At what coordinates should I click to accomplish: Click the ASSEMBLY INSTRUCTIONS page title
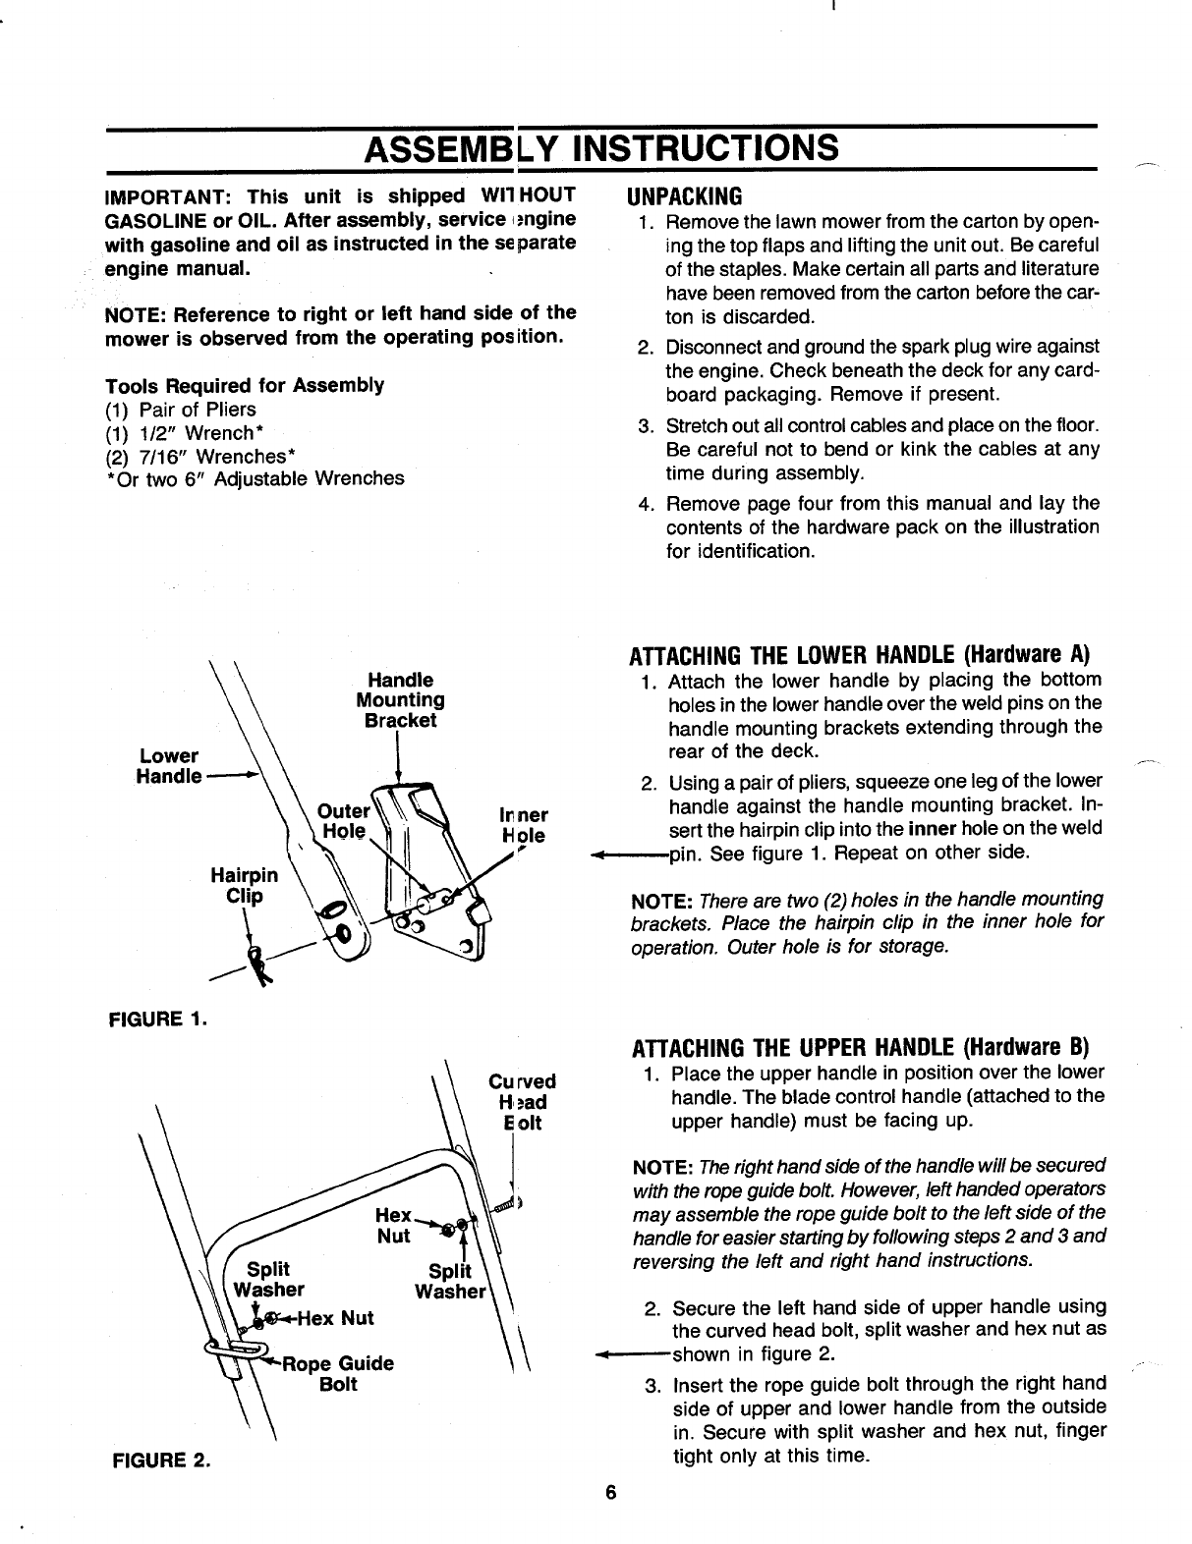601,148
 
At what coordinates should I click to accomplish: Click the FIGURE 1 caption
157,1018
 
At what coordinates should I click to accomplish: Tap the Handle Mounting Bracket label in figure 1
400,699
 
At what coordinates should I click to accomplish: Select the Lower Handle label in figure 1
168,766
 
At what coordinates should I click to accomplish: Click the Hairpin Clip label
245,885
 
